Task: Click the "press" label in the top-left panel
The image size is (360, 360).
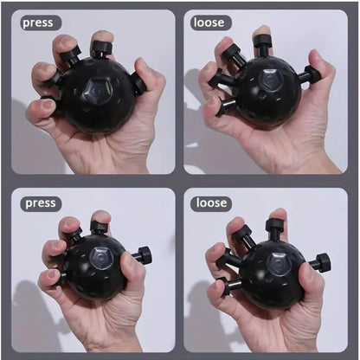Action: coord(38,22)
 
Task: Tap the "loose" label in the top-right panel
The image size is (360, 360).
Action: coord(209,22)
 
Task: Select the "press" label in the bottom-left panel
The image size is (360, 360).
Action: coord(41,203)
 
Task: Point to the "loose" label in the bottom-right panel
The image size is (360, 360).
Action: coord(211,202)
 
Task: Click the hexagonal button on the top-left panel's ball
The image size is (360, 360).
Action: coord(96,92)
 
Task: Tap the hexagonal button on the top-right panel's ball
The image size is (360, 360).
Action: coord(272,80)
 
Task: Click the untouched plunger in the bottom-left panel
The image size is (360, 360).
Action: coord(141,255)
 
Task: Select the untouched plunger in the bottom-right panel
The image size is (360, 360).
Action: coord(319,262)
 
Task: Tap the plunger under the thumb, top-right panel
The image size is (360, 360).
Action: coord(310,75)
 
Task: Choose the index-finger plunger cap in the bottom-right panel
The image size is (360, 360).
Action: coord(273,224)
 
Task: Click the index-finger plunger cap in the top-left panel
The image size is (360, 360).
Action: coord(101,48)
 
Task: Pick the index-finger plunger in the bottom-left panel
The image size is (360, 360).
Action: coord(99,228)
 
